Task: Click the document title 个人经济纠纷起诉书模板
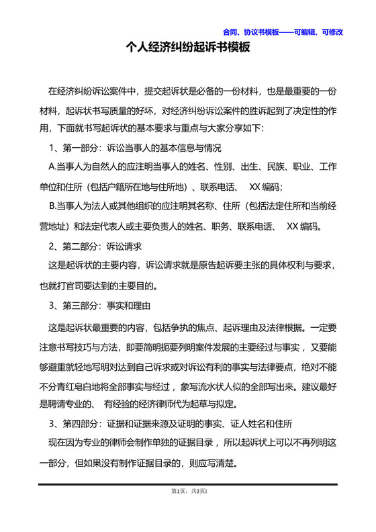188,48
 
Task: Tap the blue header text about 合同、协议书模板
283,32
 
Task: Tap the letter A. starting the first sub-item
54,166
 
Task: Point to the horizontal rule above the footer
188,484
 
